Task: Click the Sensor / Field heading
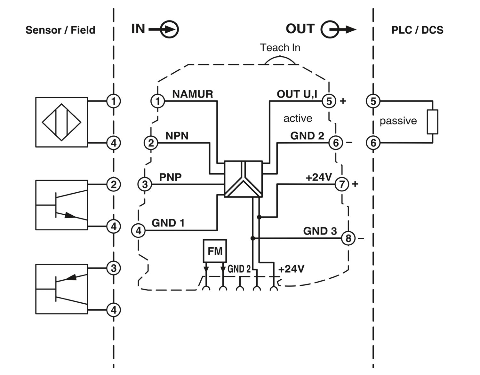60,30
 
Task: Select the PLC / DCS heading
417,30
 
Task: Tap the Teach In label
280,48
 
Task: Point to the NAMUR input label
192,94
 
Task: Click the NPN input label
177,136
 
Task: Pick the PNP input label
170,177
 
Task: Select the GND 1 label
168,223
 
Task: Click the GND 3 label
320,231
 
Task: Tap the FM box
215,251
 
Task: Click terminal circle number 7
342,184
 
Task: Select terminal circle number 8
348,238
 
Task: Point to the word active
298,118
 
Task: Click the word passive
398,121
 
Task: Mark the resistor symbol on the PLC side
432,122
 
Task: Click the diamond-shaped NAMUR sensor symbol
61,122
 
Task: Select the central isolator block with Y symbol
244,179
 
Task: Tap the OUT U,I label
297,94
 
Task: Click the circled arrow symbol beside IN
169,29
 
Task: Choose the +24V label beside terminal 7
319,177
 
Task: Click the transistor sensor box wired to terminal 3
61,289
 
